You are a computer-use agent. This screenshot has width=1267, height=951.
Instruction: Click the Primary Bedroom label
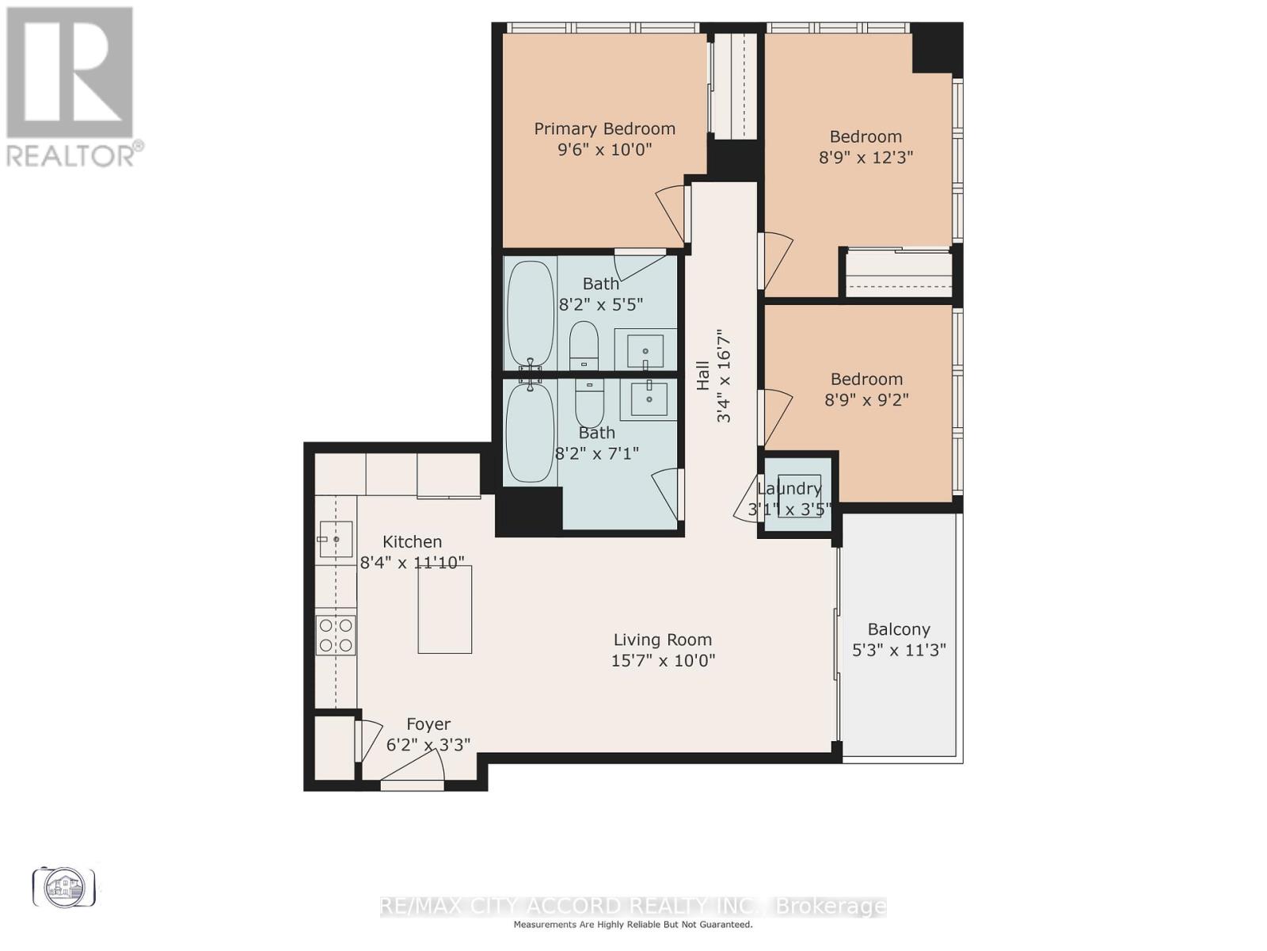(x=604, y=128)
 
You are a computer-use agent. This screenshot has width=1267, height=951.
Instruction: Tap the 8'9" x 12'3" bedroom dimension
(x=866, y=157)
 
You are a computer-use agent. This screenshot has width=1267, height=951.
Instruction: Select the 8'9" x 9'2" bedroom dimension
(x=866, y=399)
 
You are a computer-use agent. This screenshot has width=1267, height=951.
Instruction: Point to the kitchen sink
(x=336, y=540)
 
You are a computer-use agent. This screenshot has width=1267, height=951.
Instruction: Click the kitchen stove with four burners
(x=336, y=635)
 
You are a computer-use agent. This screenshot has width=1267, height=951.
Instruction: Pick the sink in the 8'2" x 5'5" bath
(x=646, y=349)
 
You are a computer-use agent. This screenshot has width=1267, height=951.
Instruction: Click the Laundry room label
(x=789, y=488)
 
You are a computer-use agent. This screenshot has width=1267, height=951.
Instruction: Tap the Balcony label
(x=899, y=629)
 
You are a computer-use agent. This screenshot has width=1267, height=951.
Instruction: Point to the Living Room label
(x=662, y=640)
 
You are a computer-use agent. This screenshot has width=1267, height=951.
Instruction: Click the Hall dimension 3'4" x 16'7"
(x=724, y=376)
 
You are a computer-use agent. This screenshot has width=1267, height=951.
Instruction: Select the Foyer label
(x=428, y=724)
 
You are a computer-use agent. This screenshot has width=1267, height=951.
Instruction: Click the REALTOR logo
(x=71, y=87)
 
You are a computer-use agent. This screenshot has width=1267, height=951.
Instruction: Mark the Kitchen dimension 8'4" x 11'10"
(x=412, y=563)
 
